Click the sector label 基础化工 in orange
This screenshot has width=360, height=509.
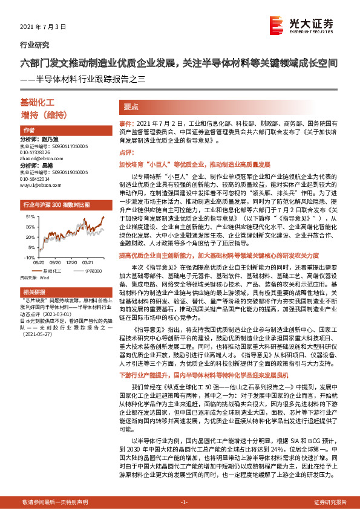coord(38,103)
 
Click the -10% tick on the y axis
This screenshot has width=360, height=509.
coord(29,241)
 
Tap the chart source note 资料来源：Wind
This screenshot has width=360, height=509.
coord(35,260)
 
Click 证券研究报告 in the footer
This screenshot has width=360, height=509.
coord(330,502)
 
